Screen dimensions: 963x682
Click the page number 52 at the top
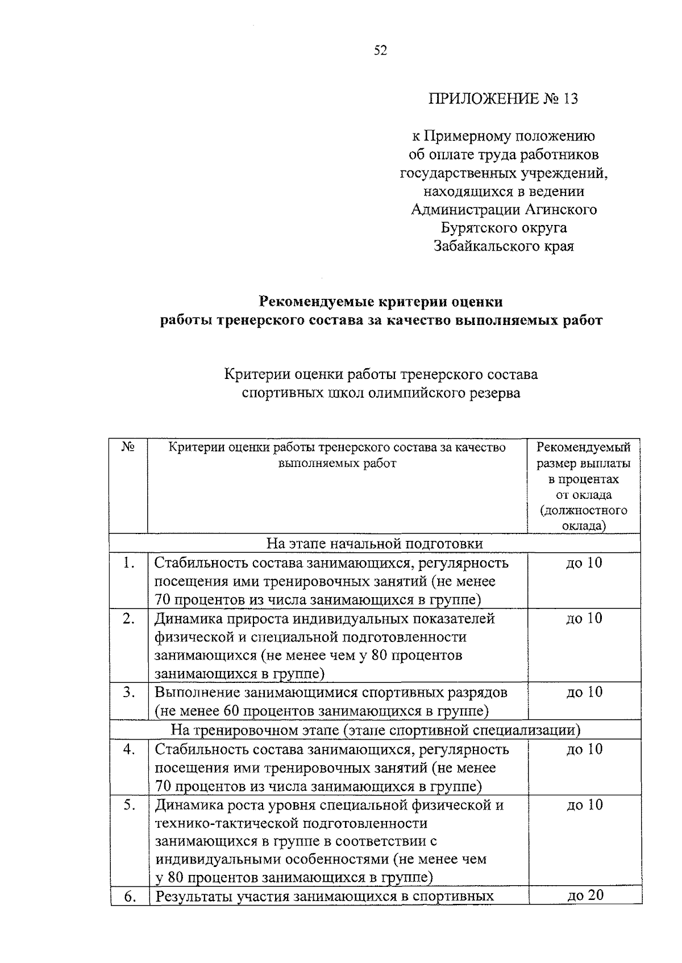coord(380,51)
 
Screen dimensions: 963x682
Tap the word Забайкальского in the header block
coord(485,246)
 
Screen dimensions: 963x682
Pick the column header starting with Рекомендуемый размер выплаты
coord(584,486)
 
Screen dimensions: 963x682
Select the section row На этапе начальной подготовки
coord(375,544)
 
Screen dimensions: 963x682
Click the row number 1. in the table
coord(129,563)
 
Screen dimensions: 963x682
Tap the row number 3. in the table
coord(129,692)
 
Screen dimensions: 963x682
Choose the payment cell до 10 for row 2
coord(584,618)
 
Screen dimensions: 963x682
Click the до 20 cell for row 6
coord(585,895)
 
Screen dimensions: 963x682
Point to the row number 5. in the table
coord(129,805)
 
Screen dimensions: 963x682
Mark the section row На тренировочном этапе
coord(375,730)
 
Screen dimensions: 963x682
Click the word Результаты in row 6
coord(194,897)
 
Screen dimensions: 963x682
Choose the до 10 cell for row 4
coord(584,749)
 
